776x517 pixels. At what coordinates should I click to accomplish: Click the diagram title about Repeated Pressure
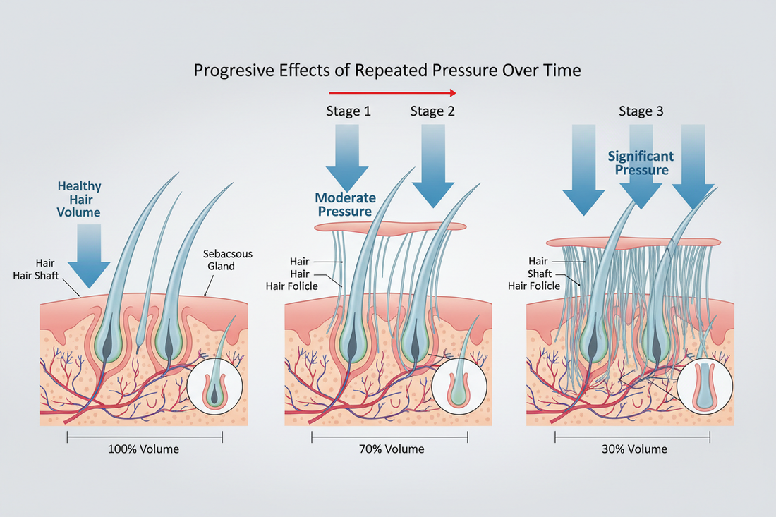(387, 71)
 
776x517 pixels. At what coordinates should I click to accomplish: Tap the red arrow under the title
(392, 92)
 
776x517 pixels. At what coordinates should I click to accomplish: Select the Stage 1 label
(348, 111)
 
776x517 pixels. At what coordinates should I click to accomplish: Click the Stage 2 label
(432, 111)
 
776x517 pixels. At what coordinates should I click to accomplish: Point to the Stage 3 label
(641, 111)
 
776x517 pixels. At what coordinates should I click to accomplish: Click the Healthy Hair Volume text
(80, 199)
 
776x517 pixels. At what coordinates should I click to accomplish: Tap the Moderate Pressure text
(346, 205)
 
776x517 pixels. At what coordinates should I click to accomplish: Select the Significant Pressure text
(641, 163)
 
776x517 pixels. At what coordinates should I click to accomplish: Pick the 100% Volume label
(144, 449)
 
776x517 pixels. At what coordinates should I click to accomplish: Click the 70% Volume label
(389, 449)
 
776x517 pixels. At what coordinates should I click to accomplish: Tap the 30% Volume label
(632, 449)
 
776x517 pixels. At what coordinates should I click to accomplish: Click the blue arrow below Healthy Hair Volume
(89, 254)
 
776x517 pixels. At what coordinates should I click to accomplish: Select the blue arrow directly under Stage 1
(347, 155)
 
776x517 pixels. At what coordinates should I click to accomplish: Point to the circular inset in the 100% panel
(214, 386)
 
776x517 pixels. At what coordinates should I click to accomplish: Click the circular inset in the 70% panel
(459, 386)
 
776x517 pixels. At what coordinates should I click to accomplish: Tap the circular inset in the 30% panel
(703, 386)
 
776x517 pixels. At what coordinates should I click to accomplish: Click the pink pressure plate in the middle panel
(390, 226)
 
